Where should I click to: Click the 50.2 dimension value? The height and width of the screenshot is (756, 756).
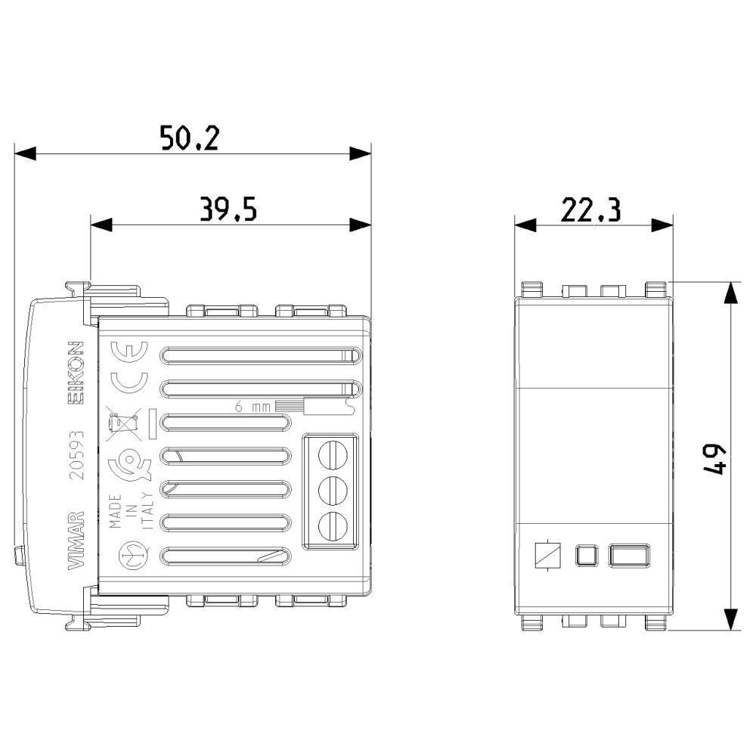[190, 138]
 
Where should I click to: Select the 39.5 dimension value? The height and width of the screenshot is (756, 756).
[228, 209]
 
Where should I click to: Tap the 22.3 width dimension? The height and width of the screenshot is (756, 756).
[591, 209]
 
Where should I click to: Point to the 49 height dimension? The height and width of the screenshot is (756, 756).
[717, 460]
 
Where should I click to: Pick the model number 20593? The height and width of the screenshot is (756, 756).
[76, 454]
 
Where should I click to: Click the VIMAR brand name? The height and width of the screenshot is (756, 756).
[76, 540]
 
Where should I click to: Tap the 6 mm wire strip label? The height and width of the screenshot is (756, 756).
[253, 407]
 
